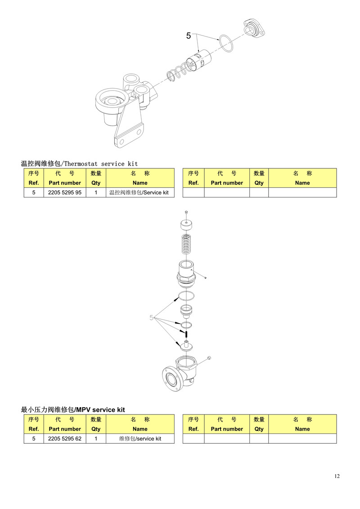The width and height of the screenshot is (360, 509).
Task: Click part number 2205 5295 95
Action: point(65,193)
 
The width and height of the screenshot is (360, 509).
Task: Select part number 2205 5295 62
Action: point(65,438)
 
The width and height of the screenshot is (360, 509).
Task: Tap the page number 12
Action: point(337,476)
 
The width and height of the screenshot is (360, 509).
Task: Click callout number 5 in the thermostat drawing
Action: point(188,36)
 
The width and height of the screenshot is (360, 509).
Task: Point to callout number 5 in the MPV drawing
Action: point(151,317)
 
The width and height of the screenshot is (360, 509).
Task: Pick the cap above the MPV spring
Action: point(186,225)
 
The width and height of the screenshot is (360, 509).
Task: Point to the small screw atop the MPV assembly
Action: point(186,213)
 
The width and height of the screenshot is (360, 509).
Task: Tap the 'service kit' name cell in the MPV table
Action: point(140,438)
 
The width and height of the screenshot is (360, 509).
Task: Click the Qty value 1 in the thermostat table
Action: point(96,193)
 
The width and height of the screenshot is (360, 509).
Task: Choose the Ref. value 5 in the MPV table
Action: point(34,438)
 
